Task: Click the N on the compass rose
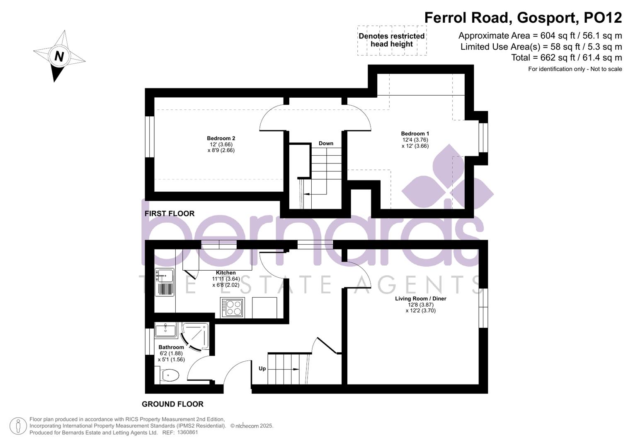tap(59, 56)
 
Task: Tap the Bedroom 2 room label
tap(221, 138)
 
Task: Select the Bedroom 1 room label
tap(415, 134)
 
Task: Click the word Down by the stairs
tap(326, 144)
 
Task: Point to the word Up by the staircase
tap(262, 368)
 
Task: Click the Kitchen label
tap(226, 273)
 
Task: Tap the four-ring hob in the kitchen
tap(233, 308)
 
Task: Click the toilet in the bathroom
tap(170, 376)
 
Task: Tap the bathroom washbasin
tap(165, 330)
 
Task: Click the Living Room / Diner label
tap(420, 298)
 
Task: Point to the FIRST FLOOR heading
tap(169, 214)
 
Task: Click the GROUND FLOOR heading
tap(172, 404)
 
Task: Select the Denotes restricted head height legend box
tap(391, 40)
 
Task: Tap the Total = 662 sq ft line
tap(566, 58)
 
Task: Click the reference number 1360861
tap(187, 433)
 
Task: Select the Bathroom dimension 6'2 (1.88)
tap(171, 353)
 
